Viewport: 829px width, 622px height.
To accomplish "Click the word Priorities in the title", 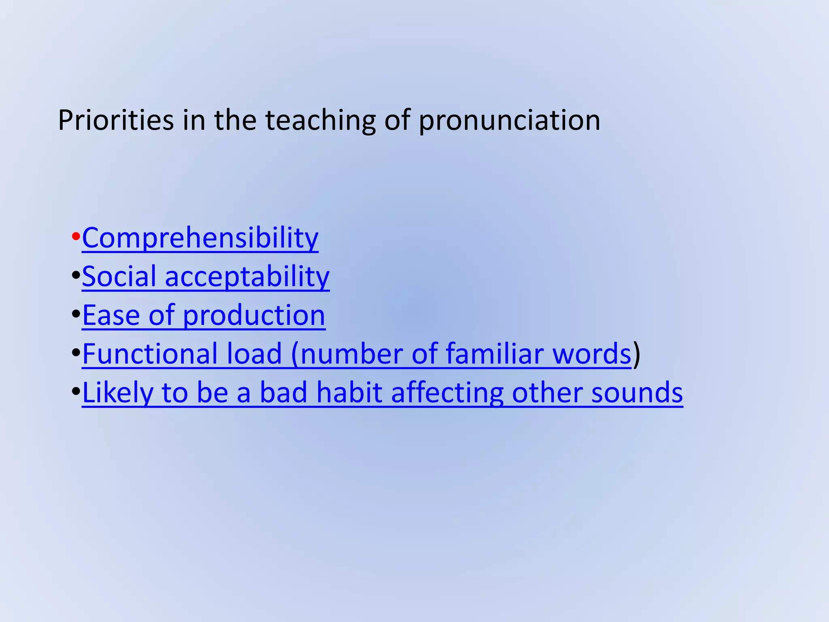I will coord(116,120).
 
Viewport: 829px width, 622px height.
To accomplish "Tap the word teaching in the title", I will coord(320,120).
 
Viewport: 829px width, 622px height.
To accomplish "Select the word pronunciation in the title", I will coord(509,121).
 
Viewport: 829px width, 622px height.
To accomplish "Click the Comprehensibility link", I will coord(200,238).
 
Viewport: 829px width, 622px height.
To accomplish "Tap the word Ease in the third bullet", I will coord(111,315).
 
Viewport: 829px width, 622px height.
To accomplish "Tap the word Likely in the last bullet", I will coord(117,393).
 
